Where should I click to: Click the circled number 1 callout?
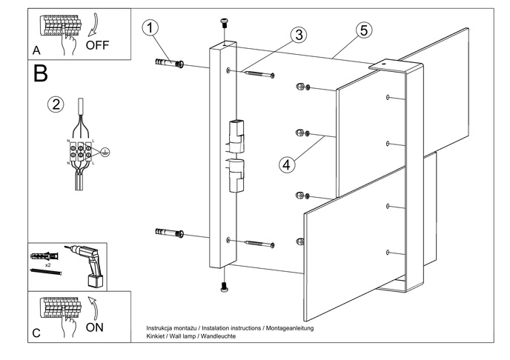(150, 29)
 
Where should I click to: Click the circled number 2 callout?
(55, 104)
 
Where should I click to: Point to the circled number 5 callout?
(362, 30)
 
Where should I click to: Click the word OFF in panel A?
(97, 44)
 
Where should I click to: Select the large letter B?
(41, 74)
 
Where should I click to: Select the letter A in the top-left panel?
(36, 51)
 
